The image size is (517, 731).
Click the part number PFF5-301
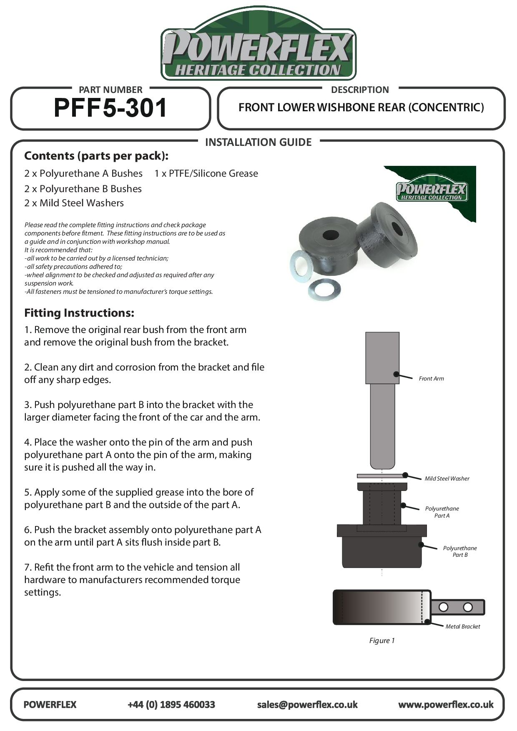click(x=110, y=108)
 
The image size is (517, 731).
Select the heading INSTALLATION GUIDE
click(x=258, y=143)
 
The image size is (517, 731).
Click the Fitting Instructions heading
click(x=79, y=313)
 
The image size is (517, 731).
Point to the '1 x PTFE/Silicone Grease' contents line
click(x=206, y=173)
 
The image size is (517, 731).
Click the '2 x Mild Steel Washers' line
click(x=74, y=203)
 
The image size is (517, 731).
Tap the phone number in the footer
click(x=171, y=705)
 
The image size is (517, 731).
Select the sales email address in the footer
click(x=307, y=705)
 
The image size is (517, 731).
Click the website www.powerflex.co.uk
click(x=446, y=705)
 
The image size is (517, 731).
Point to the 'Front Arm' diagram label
click(x=431, y=378)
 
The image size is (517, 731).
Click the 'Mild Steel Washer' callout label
click(x=447, y=478)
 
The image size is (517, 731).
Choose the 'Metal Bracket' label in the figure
click(x=462, y=626)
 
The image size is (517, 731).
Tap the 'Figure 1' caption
click(x=381, y=641)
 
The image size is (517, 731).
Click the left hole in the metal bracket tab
click(x=443, y=607)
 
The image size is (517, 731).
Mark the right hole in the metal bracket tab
click(x=468, y=607)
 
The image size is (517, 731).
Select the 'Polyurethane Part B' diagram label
click(x=460, y=551)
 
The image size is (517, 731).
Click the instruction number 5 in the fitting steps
click(x=27, y=492)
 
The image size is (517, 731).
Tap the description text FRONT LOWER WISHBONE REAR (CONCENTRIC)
click(x=361, y=108)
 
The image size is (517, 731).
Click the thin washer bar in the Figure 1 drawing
click(x=381, y=476)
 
